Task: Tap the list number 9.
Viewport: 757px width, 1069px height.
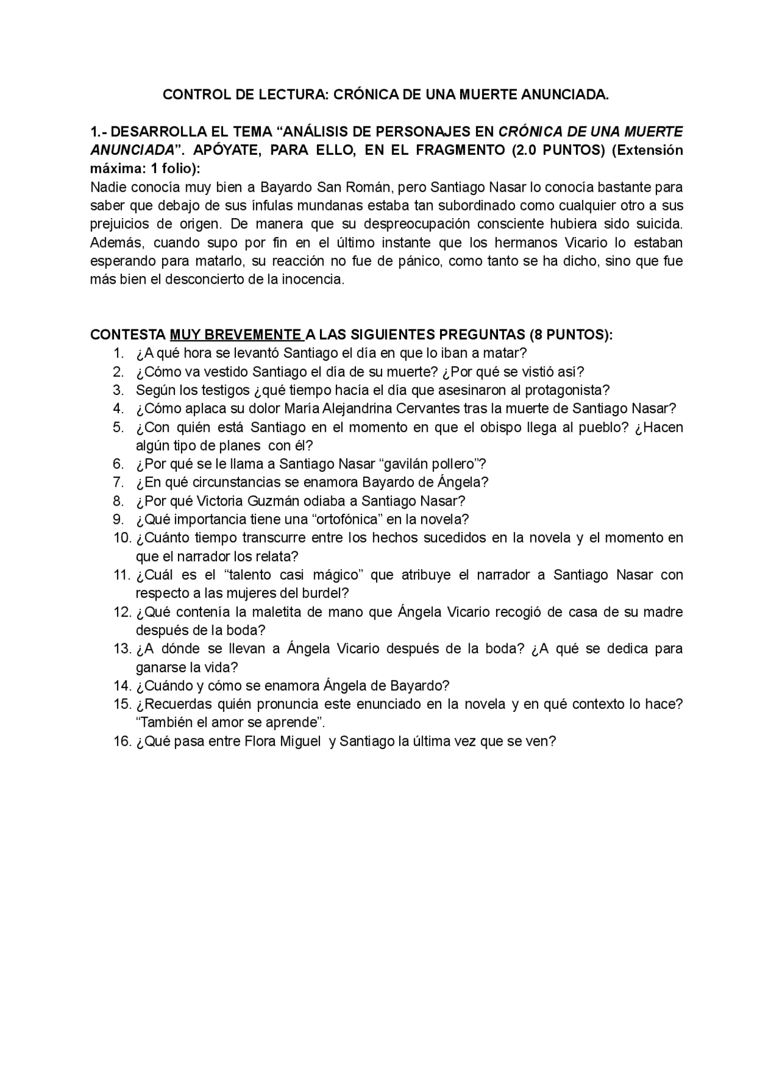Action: (119, 519)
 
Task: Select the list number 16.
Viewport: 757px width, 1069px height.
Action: (121, 741)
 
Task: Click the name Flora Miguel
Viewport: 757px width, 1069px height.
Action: (282, 741)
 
